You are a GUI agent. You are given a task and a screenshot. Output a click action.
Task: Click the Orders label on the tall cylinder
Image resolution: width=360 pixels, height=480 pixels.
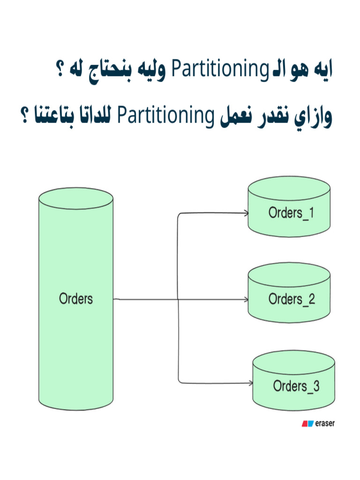[76, 299]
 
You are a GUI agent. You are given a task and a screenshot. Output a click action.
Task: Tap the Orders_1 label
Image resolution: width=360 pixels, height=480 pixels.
[291, 213]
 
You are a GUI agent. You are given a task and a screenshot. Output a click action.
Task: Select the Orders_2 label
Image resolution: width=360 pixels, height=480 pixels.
[292, 299]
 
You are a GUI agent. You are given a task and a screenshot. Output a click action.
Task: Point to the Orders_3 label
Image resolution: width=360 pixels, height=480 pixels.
[296, 386]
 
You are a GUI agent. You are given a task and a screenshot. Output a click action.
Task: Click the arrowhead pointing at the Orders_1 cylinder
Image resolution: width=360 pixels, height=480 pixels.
[245, 213]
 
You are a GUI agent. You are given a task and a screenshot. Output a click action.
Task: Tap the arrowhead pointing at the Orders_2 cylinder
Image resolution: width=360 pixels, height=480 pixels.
[245, 299]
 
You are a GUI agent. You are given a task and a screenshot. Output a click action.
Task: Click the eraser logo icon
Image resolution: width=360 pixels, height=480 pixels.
[307, 424]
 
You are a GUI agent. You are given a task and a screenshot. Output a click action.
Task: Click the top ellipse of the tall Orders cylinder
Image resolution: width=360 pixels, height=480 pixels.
[76, 196]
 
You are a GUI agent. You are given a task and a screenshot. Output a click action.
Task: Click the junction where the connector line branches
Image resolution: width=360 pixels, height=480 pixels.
[179, 299]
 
